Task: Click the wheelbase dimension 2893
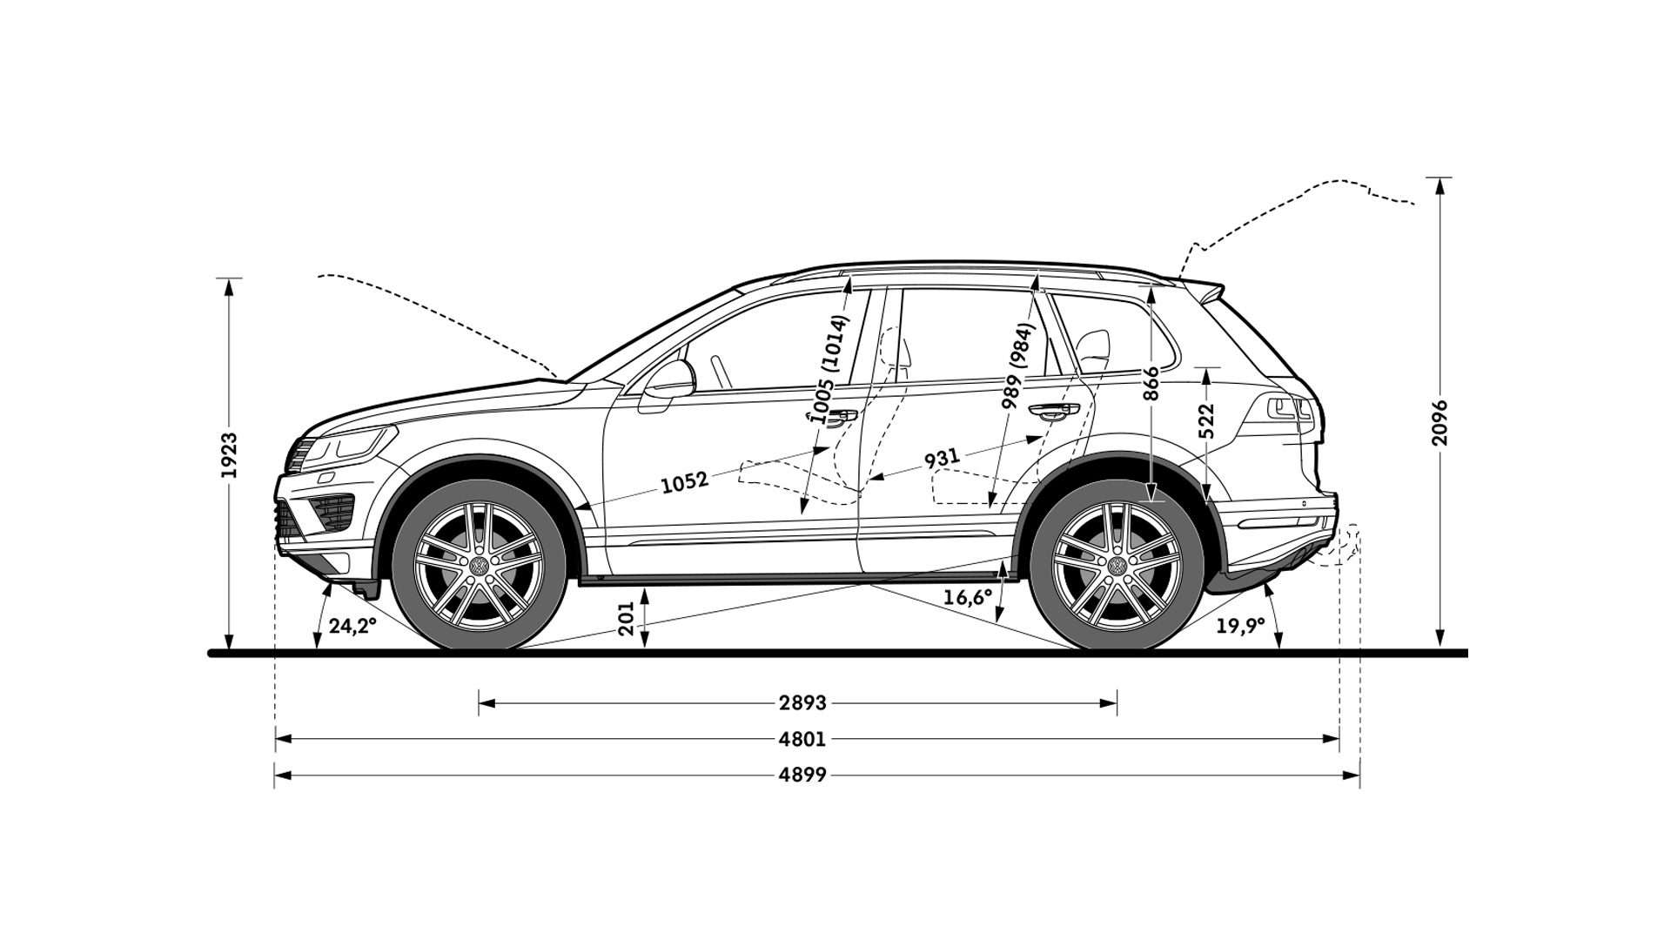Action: (x=802, y=702)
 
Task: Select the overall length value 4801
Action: (x=802, y=739)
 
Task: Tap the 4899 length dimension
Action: (x=802, y=774)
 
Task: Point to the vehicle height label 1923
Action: (x=229, y=455)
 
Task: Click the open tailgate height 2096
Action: (x=1440, y=423)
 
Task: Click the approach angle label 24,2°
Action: (x=352, y=625)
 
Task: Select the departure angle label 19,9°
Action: (x=1240, y=627)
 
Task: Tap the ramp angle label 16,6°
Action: (x=968, y=597)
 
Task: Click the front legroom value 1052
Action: (x=685, y=481)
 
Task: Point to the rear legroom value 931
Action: (x=942, y=458)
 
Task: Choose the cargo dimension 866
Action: (x=1151, y=383)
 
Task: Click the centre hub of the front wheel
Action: (x=478, y=566)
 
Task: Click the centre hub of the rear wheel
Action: (x=1117, y=566)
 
